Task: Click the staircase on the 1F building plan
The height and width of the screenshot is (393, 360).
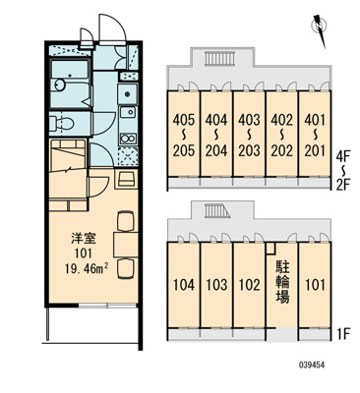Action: [x=214, y=211]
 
